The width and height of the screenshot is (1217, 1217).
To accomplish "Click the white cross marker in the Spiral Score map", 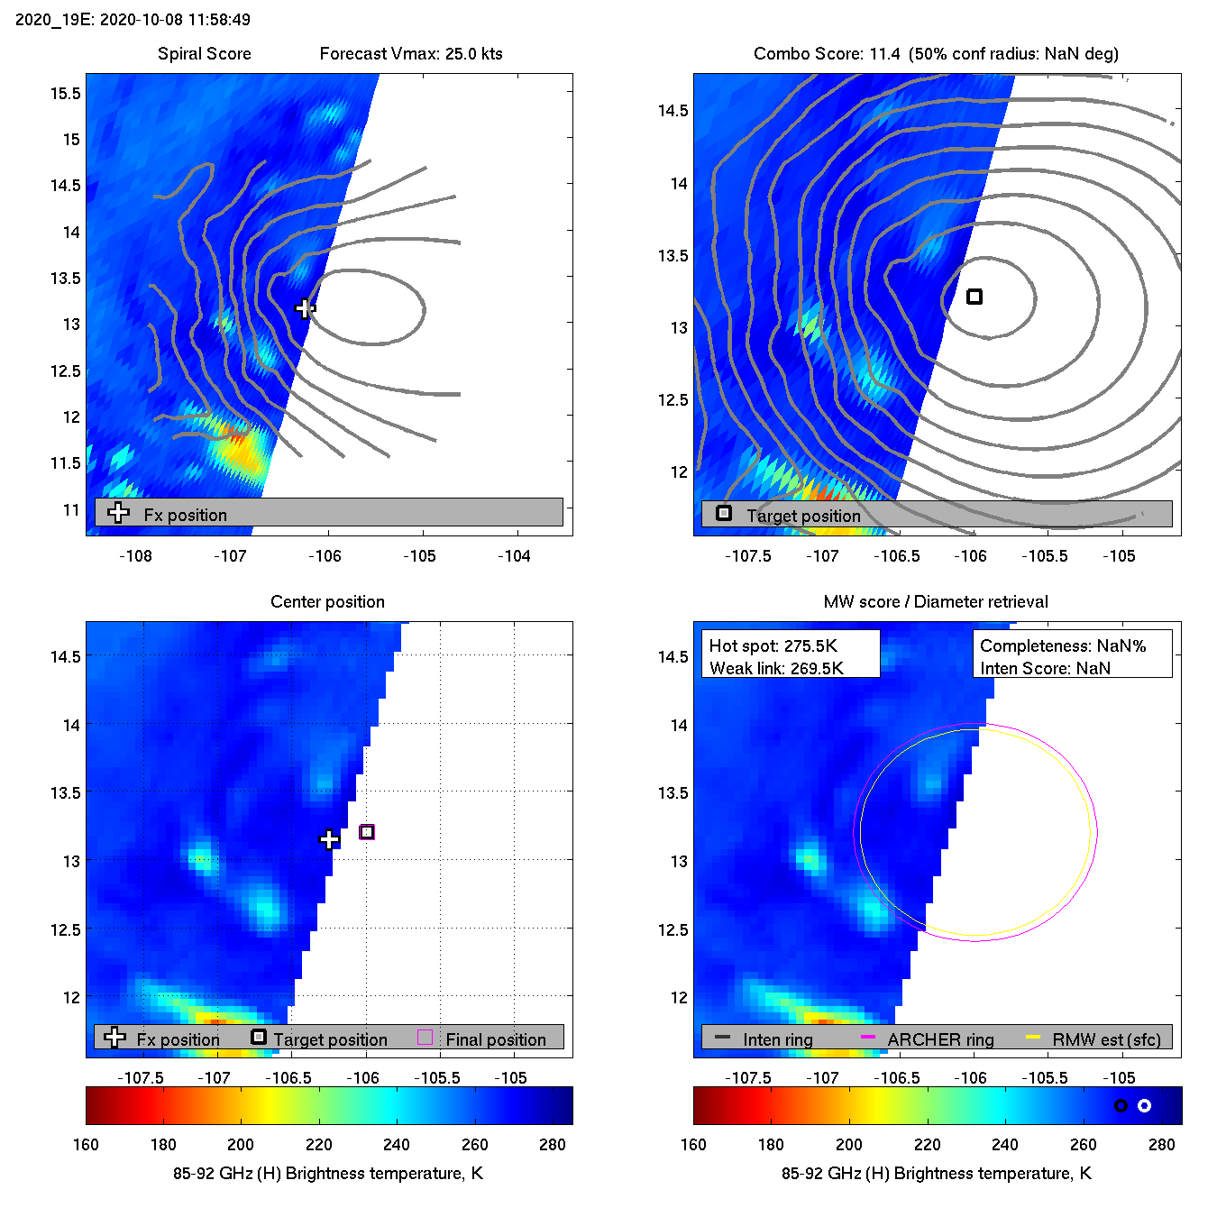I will [305, 308].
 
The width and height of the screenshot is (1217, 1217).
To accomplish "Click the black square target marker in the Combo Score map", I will [975, 297].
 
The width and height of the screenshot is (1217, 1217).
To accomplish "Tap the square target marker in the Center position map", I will [367, 832].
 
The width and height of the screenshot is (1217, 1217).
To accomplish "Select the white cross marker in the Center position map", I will [330, 840].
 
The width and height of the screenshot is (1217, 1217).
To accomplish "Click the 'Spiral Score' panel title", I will [205, 54].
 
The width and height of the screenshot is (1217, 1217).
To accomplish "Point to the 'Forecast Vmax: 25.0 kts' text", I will [411, 54].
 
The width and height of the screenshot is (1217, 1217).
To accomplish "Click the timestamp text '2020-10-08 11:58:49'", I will [175, 20].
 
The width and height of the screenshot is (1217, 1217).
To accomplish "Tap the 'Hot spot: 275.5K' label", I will [773, 646].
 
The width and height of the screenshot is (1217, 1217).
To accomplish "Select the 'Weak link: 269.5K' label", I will [776, 668].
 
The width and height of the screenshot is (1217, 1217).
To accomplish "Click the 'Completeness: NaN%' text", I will [1063, 646].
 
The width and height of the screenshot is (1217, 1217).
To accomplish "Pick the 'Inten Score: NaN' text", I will [1045, 668].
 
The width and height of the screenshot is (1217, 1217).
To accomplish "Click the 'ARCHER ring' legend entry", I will [940, 1039].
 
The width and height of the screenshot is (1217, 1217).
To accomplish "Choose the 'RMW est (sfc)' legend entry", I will [1106, 1039].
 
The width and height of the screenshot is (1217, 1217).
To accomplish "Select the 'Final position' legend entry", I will [495, 1039].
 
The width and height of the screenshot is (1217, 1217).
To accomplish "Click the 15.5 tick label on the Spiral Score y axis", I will [66, 94].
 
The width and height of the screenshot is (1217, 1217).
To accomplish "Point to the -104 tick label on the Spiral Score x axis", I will [514, 556].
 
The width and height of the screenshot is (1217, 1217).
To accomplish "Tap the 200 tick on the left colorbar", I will [241, 1145].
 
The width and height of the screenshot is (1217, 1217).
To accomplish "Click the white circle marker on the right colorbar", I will [1144, 1105].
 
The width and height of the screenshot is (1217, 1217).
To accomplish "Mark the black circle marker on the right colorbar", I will [1121, 1105].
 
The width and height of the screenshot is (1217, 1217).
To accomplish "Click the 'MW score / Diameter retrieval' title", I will [936, 602].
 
